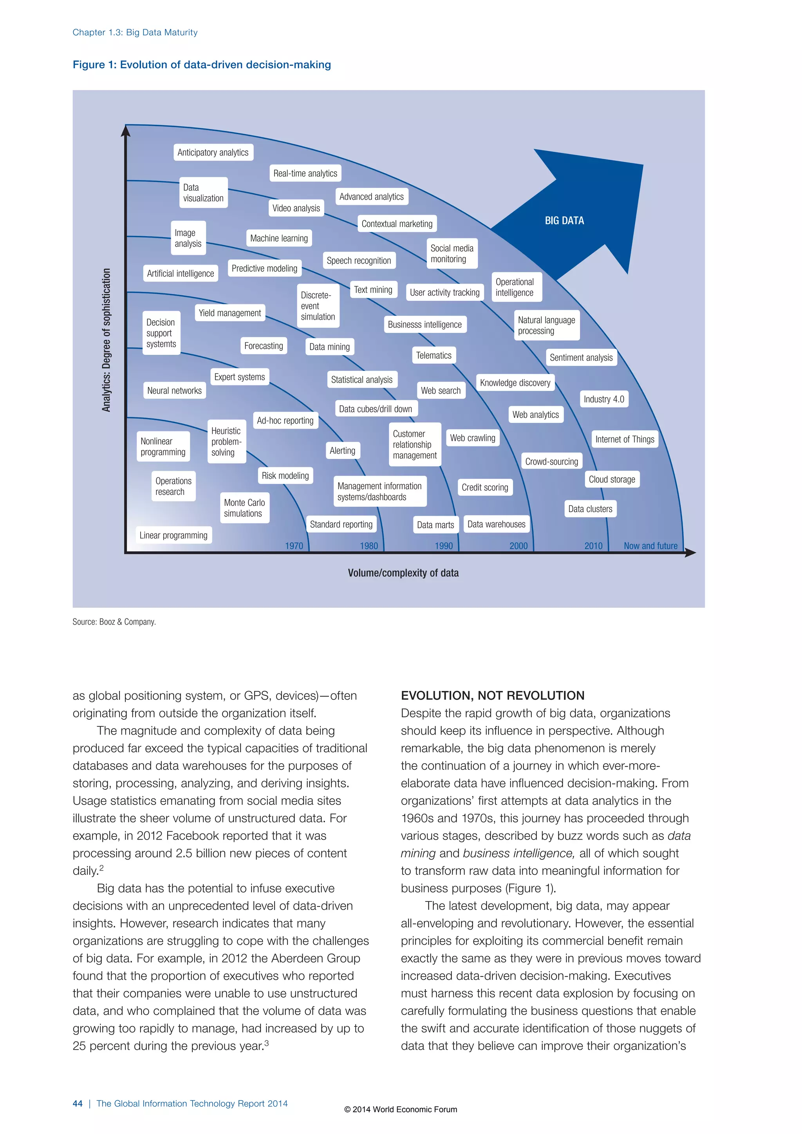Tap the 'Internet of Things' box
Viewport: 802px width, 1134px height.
(624, 439)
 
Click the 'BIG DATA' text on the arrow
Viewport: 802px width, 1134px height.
(564, 221)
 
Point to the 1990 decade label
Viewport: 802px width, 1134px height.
(443, 546)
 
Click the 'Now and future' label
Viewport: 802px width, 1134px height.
(650, 546)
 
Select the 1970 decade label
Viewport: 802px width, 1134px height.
(294, 546)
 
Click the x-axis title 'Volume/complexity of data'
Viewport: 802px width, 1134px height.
(403, 573)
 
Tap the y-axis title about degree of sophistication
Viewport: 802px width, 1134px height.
(106, 340)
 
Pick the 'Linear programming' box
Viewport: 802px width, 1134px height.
(173, 535)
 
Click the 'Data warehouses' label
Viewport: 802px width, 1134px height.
(496, 524)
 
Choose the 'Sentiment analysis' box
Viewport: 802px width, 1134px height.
(581, 358)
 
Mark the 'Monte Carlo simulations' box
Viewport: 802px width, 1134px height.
(244, 508)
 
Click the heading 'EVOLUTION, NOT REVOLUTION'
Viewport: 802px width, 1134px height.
(492, 695)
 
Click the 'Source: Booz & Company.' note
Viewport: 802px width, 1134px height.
(114, 622)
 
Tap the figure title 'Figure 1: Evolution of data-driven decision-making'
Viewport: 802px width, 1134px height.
(202, 65)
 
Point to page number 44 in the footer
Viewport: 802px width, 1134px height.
(78, 1103)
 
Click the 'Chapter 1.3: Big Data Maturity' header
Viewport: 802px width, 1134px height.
(135, 32)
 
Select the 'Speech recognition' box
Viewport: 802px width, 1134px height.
(359, 260)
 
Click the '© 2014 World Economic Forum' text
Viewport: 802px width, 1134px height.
(401, 1109)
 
